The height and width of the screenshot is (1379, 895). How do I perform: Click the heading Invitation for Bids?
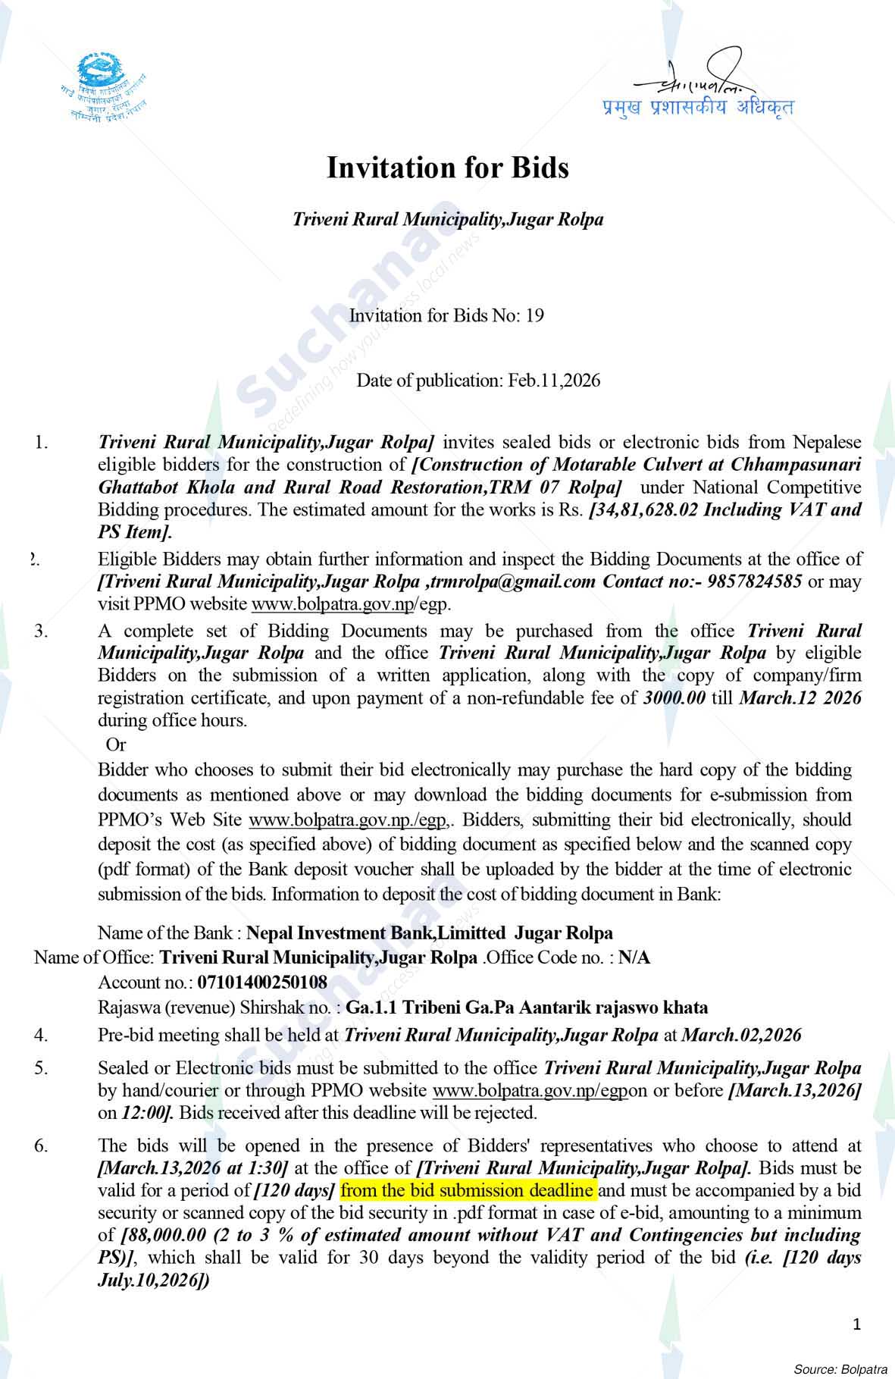447,168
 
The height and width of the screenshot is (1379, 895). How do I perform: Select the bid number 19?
534,316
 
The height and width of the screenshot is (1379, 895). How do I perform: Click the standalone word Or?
116,744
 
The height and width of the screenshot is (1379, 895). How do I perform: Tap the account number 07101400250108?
262,983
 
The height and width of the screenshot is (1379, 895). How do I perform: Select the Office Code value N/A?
634,957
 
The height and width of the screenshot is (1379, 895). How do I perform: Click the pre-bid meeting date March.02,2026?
741,1035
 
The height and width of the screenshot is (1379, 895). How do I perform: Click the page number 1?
857,1324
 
